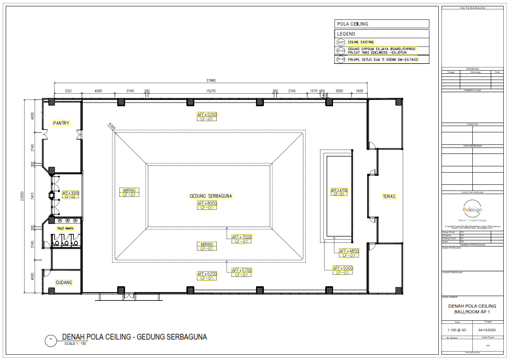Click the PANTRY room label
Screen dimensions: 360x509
61,123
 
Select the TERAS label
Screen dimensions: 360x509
389,197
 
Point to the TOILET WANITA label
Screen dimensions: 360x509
65,229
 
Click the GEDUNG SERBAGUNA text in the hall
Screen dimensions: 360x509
211,196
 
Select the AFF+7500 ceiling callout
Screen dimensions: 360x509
242,237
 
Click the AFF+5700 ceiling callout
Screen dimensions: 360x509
242,270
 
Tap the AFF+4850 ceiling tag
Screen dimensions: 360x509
349,251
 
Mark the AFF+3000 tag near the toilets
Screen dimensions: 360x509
71,193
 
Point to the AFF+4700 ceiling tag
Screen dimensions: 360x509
339,190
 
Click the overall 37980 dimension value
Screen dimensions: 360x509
211,81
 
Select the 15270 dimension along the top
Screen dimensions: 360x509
211,91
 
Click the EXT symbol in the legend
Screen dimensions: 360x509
341,42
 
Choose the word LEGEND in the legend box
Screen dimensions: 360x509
346,33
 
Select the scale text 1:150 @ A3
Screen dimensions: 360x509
458,330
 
